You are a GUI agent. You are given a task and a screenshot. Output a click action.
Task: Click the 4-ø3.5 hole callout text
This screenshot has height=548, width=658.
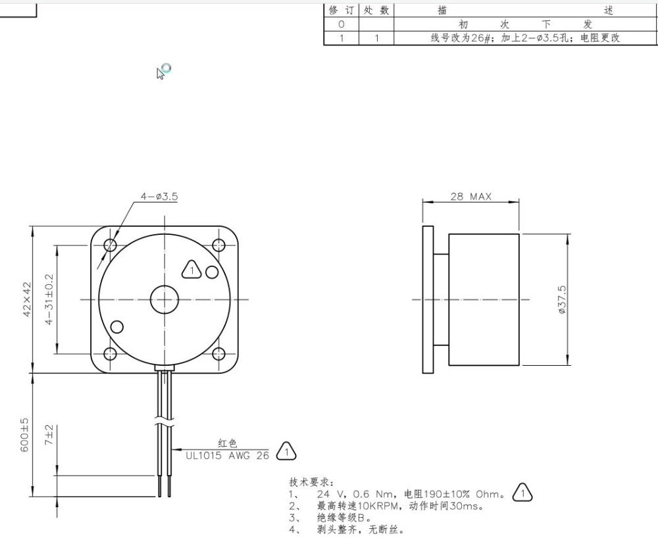coord(159,197)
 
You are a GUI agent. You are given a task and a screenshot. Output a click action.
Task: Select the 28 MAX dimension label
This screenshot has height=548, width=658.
coord(470,197)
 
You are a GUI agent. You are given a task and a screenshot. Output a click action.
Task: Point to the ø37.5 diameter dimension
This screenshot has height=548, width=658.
coord(562,299)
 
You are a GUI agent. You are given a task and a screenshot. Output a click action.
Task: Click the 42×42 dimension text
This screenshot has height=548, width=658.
coord(27,299)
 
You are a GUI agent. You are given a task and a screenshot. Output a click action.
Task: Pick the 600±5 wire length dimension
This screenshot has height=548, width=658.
coord(25,435)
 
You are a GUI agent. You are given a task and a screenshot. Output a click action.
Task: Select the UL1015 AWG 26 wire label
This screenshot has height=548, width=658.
coord(227,455)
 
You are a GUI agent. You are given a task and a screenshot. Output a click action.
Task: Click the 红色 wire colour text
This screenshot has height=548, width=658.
coord(227,444)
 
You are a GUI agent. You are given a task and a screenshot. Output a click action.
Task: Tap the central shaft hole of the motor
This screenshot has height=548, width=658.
coord(164,300)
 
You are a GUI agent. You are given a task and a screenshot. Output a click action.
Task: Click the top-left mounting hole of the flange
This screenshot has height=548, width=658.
coord(110,245)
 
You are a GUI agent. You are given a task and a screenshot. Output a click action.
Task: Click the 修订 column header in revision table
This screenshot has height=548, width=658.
coord(341,11)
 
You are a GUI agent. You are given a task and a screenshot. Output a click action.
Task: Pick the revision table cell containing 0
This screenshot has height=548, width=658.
coord(341,24)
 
